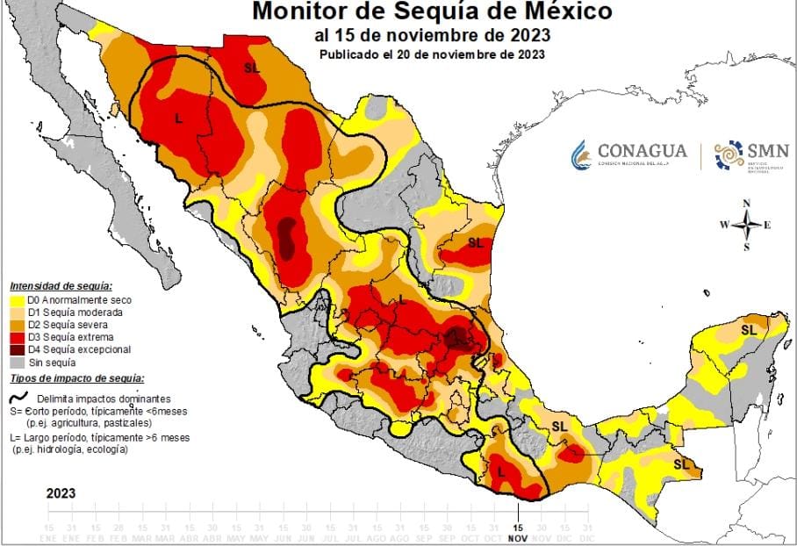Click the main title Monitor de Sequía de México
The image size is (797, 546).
click(x=432, y=12)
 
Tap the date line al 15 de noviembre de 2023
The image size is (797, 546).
click(x=432, y=35)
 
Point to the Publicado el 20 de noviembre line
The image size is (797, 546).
click(x=432, y=54)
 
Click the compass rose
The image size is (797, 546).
click(x=746, y=225)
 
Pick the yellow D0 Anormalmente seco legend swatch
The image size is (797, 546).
click(x=16, y=300)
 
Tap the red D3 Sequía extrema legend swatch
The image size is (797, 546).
click(x=16, y=337)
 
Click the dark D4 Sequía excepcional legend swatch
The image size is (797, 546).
click(x=16, y=349)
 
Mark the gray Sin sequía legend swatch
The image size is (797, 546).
click(x=16, y=362)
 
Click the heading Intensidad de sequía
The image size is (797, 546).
click(x=61, y=286)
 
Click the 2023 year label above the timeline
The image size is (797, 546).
click(x=61, y=493)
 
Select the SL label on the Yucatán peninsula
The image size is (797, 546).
click(x=749, y=330)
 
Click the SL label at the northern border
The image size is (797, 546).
click(x=252, y=68)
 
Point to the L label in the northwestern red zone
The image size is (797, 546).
click(x=179, y=119)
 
